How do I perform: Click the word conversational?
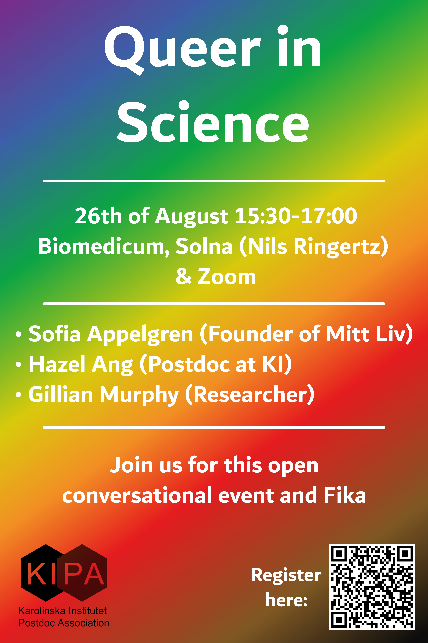[137, 495]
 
